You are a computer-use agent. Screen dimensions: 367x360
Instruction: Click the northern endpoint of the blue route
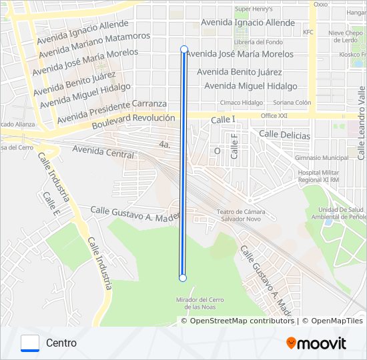click(x=184, y=49)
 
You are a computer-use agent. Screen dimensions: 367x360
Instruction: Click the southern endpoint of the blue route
click(x=183, y=278)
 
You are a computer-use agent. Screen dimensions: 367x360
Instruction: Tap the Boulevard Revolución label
click(x=133, y=121)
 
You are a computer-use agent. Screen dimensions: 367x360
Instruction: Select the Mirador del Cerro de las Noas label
click(x=200, y=303)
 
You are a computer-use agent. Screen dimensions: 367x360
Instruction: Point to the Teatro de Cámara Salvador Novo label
click(x=237, y=216)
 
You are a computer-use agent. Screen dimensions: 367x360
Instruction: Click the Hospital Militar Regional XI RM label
click(x=319, y=176)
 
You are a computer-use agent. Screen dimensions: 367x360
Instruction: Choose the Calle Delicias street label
click(x=284, y=135)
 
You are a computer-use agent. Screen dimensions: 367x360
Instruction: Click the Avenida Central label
click(x=103, y=152)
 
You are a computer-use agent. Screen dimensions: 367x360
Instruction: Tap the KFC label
click(x=308, y=32)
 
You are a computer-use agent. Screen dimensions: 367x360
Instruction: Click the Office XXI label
click(x=274, y=116)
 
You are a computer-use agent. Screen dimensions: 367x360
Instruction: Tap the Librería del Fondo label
click(x=260, y=42)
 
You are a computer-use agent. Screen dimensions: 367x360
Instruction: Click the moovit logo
click(x=316, y=343)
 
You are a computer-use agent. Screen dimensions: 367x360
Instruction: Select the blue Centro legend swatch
click(x=30, y=343)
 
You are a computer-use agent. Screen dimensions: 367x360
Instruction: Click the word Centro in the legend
click(x=61, y=343)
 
